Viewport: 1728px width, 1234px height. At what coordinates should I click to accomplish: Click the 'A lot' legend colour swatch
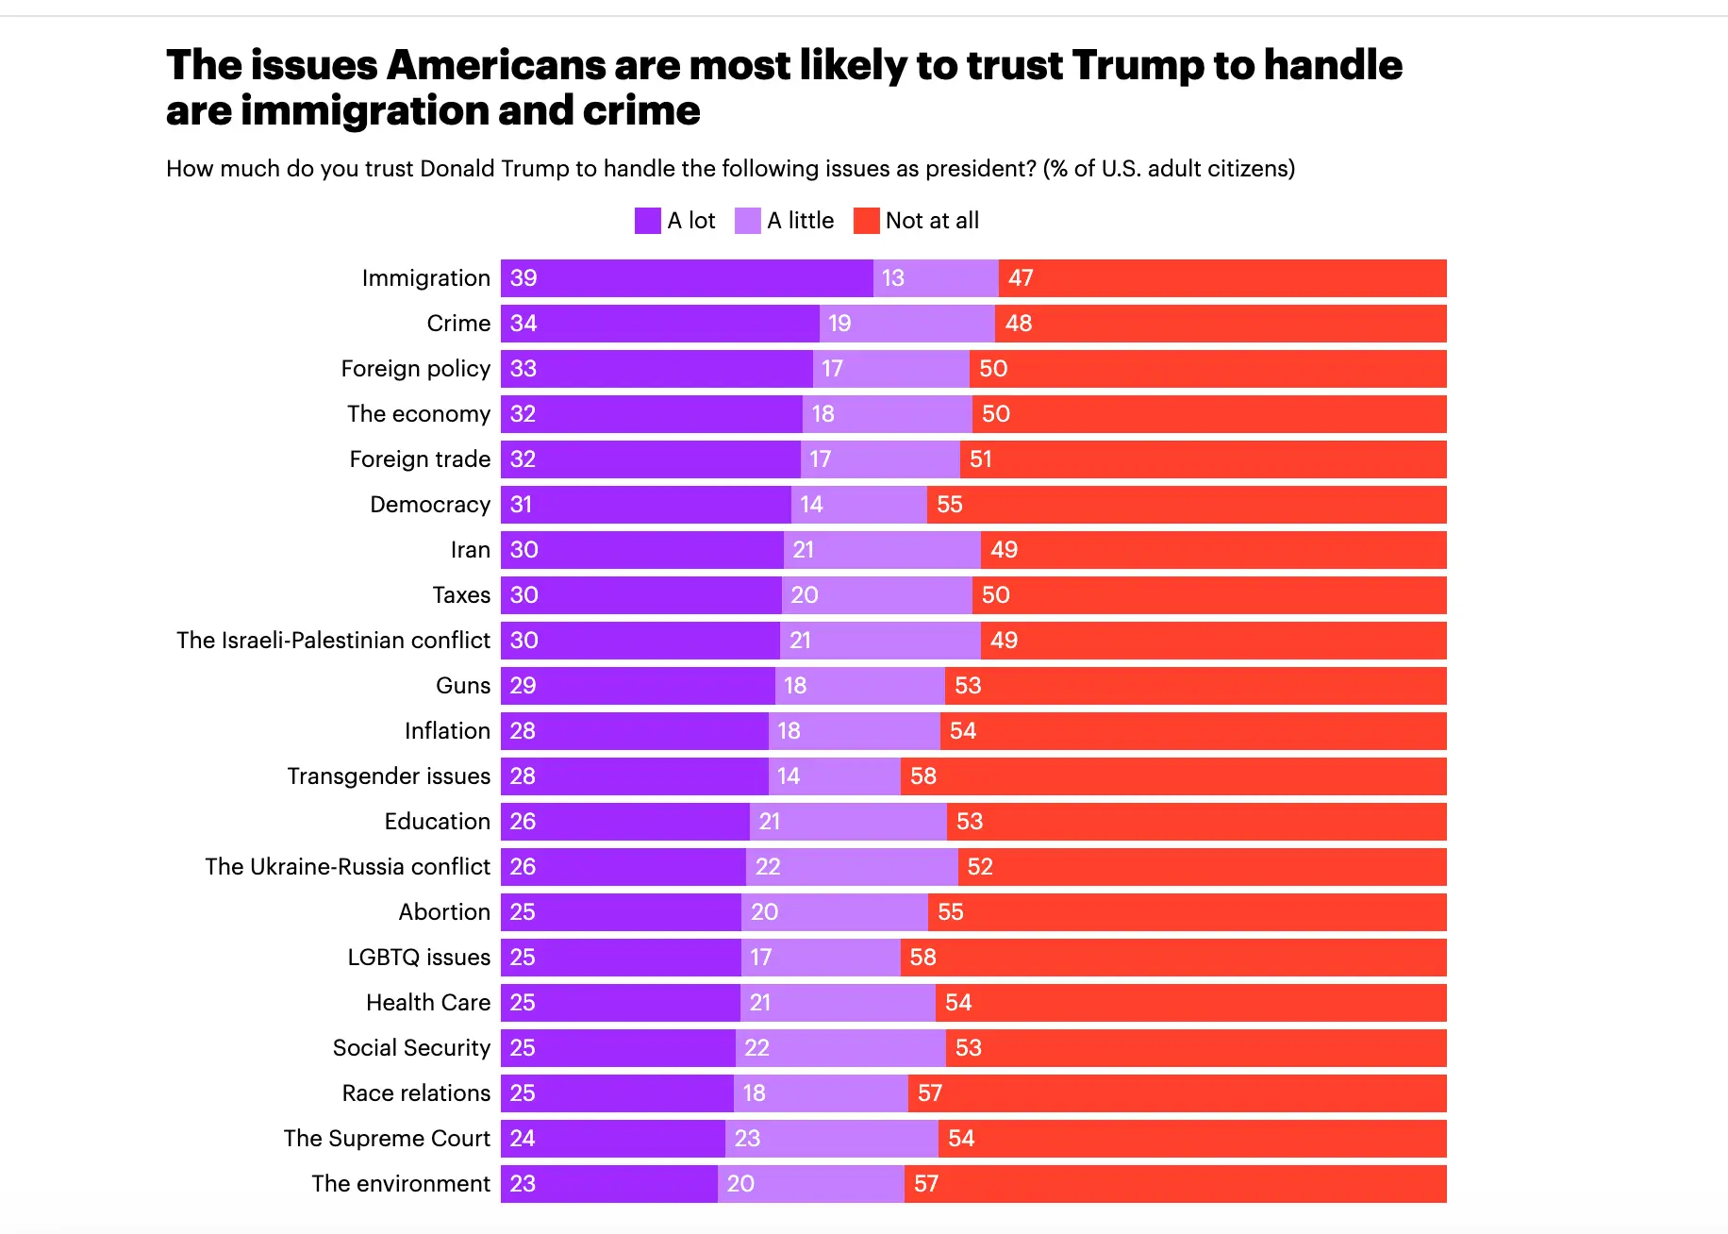coord(647,221)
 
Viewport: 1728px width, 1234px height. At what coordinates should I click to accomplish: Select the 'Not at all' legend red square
coord(866,221)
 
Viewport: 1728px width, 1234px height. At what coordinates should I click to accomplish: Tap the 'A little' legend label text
coord(800,221)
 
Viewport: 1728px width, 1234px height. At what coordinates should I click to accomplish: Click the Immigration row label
coord(425,278)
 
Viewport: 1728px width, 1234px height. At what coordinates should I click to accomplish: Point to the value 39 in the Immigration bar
coord(523,278)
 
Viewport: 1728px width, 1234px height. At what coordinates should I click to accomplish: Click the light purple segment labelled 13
coord(935,278)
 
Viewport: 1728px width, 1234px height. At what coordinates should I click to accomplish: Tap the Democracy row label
coord(429,505)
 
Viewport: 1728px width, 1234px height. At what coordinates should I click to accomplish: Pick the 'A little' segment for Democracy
coord(858,505)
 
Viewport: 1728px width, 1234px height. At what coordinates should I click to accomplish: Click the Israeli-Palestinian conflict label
coord(333,641)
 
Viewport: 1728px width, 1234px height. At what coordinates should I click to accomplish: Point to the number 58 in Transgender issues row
coord(922,776)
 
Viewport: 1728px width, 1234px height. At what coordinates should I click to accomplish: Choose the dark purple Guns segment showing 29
coord(637,686)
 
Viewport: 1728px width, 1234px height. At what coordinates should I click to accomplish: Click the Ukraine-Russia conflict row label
coord(347,867)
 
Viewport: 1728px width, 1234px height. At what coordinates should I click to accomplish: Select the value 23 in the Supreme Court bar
coord(747,1139)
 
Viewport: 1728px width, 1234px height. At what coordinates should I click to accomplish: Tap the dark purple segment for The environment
coord(608,1184)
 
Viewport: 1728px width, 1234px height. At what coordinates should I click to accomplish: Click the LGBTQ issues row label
coord(418,958)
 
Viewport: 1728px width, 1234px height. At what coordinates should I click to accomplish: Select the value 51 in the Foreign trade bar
coord(980,459)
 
